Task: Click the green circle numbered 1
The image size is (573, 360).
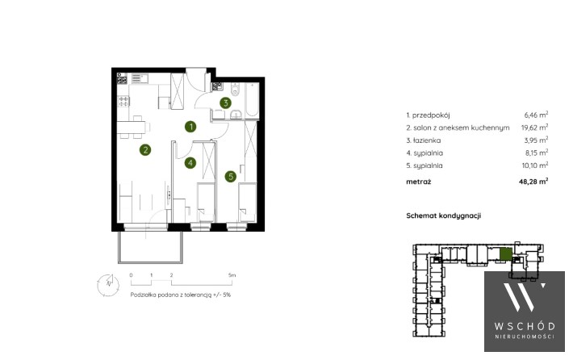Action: coord(190,127)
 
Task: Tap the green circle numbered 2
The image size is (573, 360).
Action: coord(145,149)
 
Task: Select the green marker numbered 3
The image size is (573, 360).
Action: coord(225,103)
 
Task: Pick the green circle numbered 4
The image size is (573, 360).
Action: coord(190,162)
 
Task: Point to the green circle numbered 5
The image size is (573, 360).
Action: coord(231,177)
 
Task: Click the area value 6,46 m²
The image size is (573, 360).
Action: coord(536,115)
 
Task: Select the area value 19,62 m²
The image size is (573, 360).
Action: coord(534,128)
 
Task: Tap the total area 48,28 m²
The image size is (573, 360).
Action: coord(533,181)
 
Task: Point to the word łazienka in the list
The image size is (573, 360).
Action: coord(427,140)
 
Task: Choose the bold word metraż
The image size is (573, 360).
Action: coord(418,182)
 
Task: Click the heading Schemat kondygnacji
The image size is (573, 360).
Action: coord(443,216)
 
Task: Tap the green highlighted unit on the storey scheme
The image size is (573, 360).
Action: coord(506,254)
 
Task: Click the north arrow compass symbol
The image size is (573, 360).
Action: coord(108,284)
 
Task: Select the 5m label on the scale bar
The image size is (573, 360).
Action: coord(232,275)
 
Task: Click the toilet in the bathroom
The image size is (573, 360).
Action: coord(236,89)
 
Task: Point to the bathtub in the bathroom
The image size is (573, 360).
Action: coord(252,99)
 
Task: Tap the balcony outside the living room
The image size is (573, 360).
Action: coord(150,246)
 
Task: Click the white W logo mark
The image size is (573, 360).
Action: coord(525,297)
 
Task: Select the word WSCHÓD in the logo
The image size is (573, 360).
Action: coord(525,326)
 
